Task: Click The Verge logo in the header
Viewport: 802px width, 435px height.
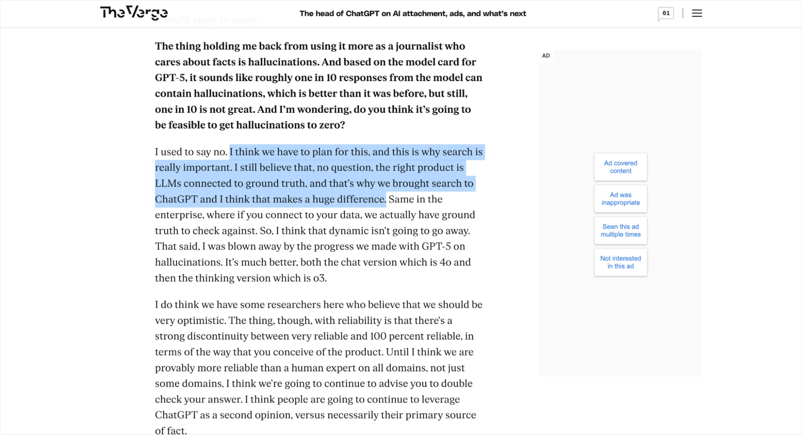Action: coord(134,13)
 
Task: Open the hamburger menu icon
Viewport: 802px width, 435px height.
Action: coord(697,13)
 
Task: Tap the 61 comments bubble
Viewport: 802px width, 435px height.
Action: coord(666,13)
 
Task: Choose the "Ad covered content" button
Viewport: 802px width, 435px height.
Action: coord(620,167)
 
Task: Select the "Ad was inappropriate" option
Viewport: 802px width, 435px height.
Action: coord(620,199)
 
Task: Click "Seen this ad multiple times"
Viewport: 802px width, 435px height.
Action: coord(620,230)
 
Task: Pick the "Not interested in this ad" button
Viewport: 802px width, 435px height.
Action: coord(620,262)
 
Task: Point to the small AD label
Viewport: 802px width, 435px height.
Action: coord(546,56)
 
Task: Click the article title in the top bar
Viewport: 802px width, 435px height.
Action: coord(412,14)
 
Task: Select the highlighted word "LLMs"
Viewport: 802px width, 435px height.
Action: coord(168,183)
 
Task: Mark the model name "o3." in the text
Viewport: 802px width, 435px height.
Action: coord(320,278)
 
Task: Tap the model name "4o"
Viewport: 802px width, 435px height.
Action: coord(445,262)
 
